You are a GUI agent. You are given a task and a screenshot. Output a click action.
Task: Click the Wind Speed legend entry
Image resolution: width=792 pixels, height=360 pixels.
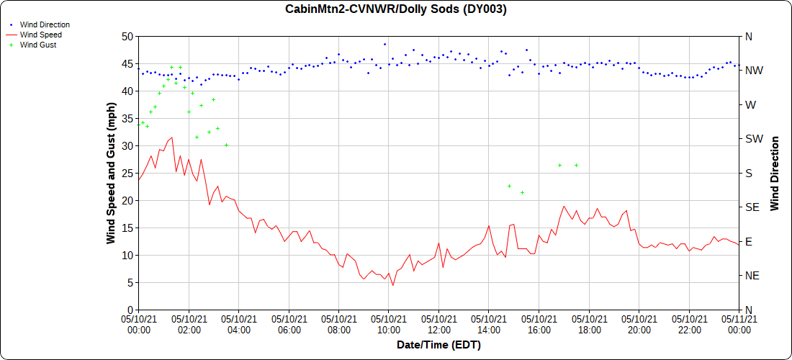tap(40, 35)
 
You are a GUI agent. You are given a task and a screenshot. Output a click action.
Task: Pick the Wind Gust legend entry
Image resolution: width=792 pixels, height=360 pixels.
tap(38, 45)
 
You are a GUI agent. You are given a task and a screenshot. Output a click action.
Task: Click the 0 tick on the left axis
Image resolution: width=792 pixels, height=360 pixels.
tap(130, 310)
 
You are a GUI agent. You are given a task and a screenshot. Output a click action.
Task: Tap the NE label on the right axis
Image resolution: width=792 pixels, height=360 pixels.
tap(751, 276)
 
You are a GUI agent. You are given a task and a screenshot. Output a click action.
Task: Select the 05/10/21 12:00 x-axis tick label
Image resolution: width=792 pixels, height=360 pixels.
tap(438, 324)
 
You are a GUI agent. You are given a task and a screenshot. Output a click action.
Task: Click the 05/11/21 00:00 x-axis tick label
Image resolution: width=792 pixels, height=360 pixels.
tap(739, 324)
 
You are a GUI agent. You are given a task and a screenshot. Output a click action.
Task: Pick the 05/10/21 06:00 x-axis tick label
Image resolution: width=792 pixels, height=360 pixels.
tap(289, 324)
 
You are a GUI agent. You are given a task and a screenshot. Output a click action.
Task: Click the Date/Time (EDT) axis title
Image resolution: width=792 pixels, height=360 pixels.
tap(438, 345)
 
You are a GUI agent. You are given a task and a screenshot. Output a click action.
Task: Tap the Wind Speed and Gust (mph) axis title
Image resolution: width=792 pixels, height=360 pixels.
tap(111, 173)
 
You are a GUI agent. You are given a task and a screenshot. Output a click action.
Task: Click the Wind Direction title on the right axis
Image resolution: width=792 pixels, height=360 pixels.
tap(775, 173)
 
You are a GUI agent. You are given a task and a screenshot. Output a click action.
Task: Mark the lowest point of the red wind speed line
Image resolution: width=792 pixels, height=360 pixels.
tap(393, 285)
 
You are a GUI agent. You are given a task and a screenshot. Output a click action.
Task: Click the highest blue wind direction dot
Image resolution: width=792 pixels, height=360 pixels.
tap(384, 44)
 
